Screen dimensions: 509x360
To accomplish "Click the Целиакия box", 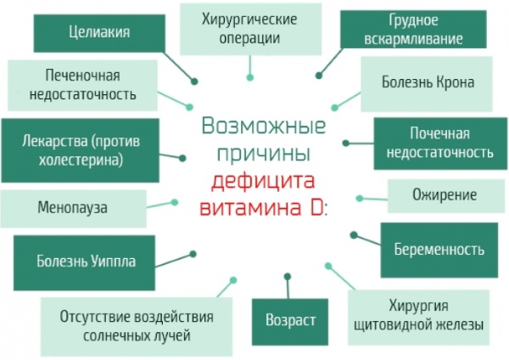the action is tap(99, 33).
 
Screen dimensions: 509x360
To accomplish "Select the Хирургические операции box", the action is tap(250, 29).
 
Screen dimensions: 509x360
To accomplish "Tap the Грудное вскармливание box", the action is tap(413, 29).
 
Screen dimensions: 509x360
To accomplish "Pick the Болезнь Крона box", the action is tap(427, 84).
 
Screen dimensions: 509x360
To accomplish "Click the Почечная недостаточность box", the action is tap(440, 143).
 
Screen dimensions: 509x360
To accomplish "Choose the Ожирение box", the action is tap(445, 196).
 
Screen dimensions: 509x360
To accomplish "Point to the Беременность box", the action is tap(439, 250).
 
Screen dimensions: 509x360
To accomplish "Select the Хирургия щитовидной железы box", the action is tap(418, 317).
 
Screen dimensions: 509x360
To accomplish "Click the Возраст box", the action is tap(290, 322).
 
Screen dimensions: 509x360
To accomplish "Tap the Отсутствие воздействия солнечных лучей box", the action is tap(137, 327).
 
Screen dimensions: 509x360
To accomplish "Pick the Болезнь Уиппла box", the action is tap(84, 262).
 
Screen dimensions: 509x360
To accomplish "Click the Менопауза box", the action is tap(73, 209).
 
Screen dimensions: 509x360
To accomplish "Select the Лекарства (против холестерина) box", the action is tap(81, 150).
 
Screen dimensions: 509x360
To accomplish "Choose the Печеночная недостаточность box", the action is tap(83, 85).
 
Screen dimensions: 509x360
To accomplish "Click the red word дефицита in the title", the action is tap(263, 181).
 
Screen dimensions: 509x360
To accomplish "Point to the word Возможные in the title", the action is tap(263, 126).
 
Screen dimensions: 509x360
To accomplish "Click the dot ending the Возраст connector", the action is tap(288, 277).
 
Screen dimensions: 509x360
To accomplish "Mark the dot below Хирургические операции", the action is tap(249, 77).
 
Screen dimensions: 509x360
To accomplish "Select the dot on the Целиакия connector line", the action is tap(194, 82).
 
